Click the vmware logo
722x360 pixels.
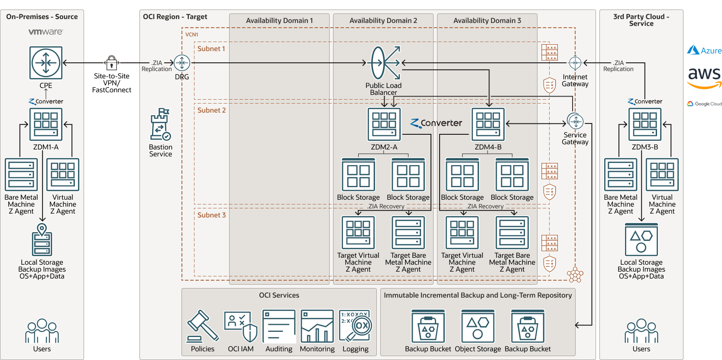[45, 32]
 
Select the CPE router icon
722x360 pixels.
[46, 63]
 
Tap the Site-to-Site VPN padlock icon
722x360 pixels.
[112, 63]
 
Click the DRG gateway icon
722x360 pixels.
[182, 63]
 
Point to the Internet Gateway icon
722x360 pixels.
[575, 63]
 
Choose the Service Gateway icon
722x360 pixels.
[575, 122]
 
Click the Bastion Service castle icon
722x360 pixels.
[160, 124]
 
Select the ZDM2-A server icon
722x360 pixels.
[384, 124]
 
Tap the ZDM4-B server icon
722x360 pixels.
[488, 124]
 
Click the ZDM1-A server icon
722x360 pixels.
[46, 124]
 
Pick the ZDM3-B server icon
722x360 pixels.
[645, 124]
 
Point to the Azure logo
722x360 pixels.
[705, 50]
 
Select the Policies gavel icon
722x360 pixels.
[202, 326]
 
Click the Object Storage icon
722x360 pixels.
[478, 326]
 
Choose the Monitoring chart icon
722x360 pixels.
[317, 326]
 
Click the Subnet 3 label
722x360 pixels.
[212, 215]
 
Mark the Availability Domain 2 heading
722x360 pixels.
[383, 21]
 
